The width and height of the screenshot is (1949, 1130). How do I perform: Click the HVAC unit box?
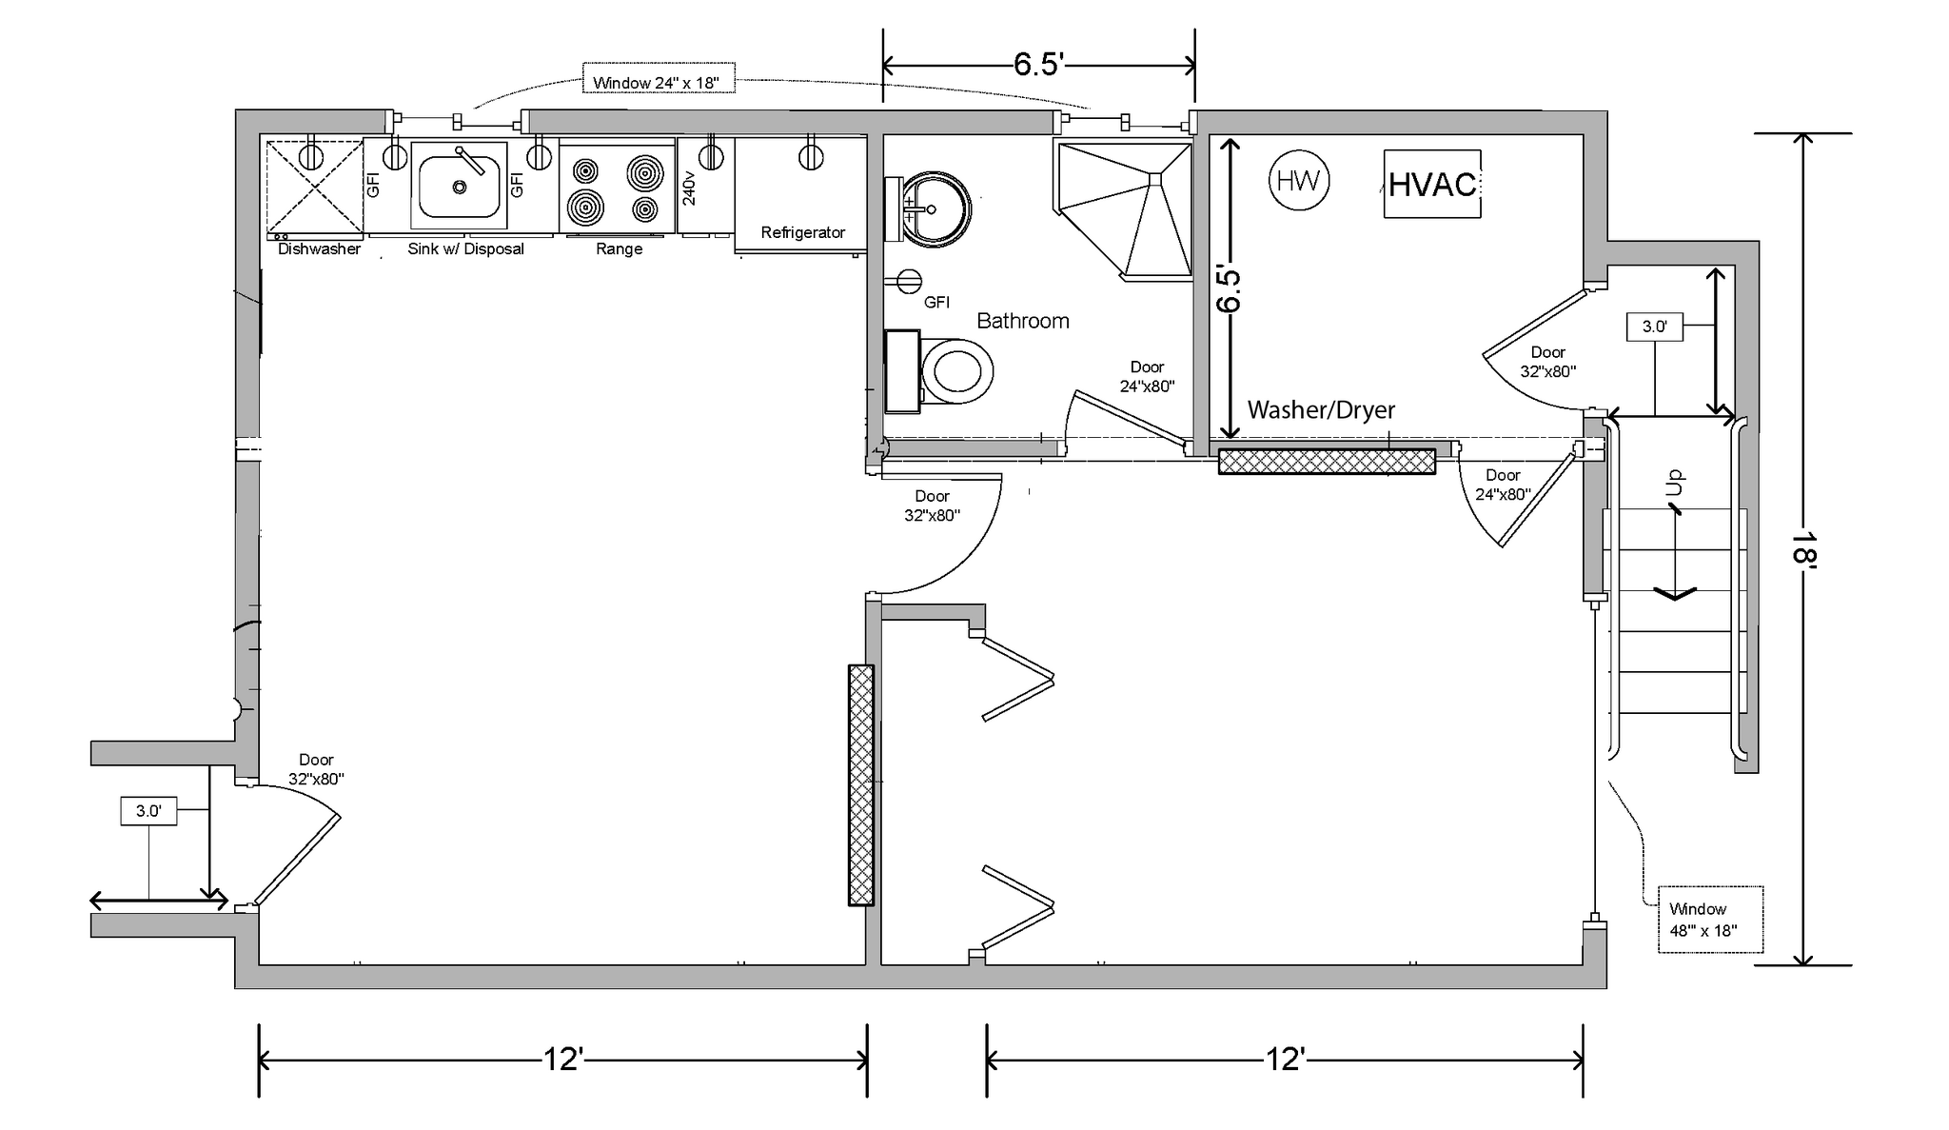[1432, 184]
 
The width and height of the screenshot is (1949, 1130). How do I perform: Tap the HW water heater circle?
[1299, 180]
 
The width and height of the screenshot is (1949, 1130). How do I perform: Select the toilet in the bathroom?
[939, 371]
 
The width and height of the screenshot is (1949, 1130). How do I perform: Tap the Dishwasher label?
[319, 249]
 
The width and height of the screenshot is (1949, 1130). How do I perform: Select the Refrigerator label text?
[803, 232]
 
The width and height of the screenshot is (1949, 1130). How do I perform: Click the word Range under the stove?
[619, 249]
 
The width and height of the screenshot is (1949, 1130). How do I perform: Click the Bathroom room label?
[1023, 321]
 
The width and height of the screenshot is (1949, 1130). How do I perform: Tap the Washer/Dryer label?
[1321, 410]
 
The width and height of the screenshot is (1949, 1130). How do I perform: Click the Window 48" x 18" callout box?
[1710, 920]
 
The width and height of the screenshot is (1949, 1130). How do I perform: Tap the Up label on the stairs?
[1675, 483]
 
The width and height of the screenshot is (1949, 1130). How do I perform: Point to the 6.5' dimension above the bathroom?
[1038, 64]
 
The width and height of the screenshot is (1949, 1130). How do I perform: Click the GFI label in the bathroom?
[936, 303]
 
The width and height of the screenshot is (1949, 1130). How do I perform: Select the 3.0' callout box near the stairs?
[1655, 327]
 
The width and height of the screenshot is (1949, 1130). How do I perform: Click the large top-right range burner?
[644, 172]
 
